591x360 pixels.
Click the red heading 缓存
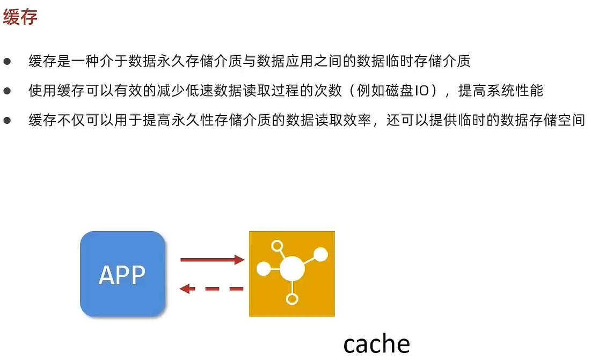click(20, 18)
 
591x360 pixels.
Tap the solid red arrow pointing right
click(212, 260)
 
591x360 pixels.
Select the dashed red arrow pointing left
click(211, 289)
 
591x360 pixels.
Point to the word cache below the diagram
click(376, 344)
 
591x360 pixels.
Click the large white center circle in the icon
click(292, 268)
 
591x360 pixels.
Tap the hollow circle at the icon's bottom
click(292, 299)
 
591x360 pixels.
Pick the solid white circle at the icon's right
click(320, 254)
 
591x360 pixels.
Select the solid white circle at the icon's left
click(263, 269)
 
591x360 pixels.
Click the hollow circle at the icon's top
click(277, 247)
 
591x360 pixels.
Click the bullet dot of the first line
click(7, 62)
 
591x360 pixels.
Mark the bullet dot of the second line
click(7, 91)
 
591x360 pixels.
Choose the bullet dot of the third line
click(7, 120)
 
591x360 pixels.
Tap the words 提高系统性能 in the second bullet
click(500, 91)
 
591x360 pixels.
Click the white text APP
click(122, 275)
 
